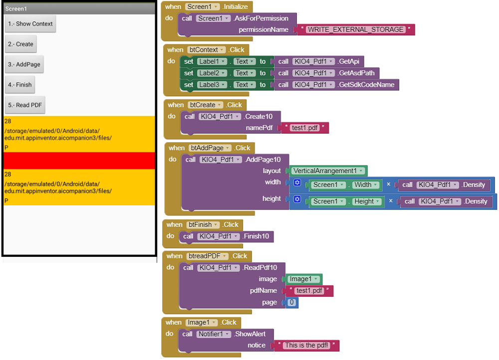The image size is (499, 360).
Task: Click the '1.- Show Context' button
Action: pyautogui.click(x=30, y=24)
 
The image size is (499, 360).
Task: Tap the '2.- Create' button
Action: pyautogui.click(x=20, y=44)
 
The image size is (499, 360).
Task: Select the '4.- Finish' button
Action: pyautogui.click(x=20, y=85)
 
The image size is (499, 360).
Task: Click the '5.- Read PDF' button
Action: pyautogui.click(x=25, y=105)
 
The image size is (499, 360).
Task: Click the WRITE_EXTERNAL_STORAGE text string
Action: pyautogui.click(x=355, y=29)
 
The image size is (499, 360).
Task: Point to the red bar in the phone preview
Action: pyautogui.click(x=79, y=161)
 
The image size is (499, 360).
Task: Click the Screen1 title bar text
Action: pyautogui.click(x=16, y=8)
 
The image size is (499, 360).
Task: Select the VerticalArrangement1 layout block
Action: pyautogui.click(x=328, y=171)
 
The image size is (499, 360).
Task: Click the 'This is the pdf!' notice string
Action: pyautogui.click(x=306, y=346)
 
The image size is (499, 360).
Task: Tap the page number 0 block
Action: pyautogui.click(x=291, y=302)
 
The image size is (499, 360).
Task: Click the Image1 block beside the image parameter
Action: pyautogui.click(x=303, y=279)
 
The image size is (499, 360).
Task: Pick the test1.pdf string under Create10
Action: pyautogui.click(x=304, y=128)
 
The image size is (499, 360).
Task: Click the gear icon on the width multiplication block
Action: pyautogui.click(x=297, y=182)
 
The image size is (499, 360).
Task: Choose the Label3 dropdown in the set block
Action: pyautogui.click(x=212, y=85)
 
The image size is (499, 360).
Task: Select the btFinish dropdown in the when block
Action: pyautogui.click(x=203, y=225)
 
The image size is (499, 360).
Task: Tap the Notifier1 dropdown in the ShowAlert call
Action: pyautogui.click(x=214, y=334)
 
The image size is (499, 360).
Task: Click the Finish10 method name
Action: pyautogui.click(x=256, y=236)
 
